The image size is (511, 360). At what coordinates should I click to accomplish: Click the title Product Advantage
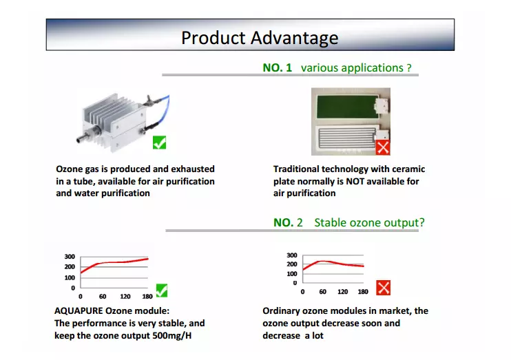click(260, 38)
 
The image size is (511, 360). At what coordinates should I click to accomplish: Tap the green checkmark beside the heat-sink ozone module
click(159, 142)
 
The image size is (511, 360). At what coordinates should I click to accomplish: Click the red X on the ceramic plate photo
click(383, 147)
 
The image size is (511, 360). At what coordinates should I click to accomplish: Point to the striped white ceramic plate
click(347, 137)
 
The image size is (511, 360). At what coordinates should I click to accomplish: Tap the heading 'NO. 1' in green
click(278, 67)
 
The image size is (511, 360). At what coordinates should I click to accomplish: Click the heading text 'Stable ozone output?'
click(369, 222)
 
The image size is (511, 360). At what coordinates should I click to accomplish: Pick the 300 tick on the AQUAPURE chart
click(70, 257)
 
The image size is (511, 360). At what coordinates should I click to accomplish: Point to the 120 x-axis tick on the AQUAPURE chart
click(125, 297)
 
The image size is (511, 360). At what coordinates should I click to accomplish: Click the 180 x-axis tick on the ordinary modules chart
click(363, 292)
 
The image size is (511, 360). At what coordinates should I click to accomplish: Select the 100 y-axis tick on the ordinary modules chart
click(292, 274)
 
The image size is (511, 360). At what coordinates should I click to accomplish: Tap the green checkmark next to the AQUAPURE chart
click(162, 290)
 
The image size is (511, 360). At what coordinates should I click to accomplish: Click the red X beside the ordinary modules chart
click(383, 288)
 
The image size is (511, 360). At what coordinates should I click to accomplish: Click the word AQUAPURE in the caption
click(79, 311)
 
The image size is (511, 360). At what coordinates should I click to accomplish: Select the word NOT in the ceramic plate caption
click(354, 181)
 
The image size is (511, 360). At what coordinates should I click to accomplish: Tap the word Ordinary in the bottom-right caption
click(281, 311)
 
